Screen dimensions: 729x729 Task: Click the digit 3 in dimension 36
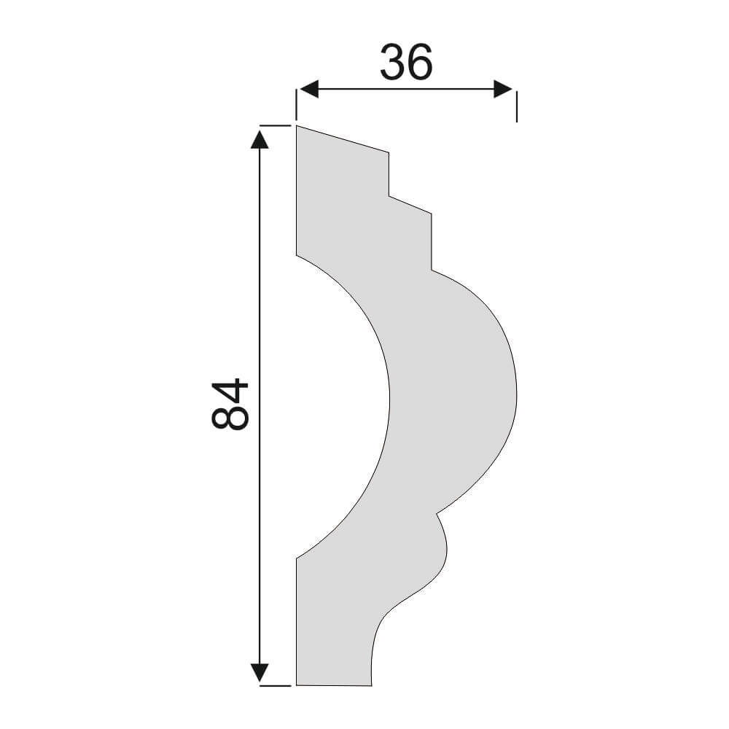click(x=394, y=62)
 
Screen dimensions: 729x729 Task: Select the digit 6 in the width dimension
click(x=420, y=62)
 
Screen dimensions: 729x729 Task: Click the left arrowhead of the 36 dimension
click(x=308, y=89)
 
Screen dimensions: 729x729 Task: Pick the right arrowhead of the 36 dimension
click(x=503, y=89)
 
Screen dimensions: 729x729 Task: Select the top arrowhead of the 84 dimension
click(x=260, y=139)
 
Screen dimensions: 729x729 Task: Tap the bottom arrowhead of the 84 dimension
click(x=260, y=672)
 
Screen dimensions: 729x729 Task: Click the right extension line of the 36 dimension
click(x=517, y=106)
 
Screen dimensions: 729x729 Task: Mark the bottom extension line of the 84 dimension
click(x=276, y=685)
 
